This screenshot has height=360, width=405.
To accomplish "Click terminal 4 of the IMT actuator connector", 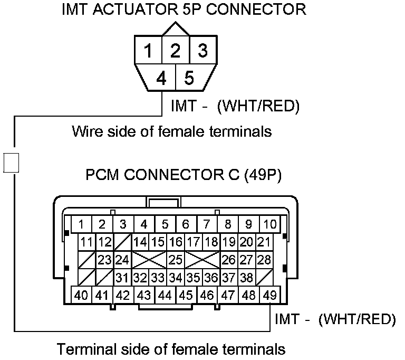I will [161, 79].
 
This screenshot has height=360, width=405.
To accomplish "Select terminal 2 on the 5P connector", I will [176, 51].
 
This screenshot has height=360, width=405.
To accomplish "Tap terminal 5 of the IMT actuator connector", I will [189, 79].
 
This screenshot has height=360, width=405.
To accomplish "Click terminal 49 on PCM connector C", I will [269, 295].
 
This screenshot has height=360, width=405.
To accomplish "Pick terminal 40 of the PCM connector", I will [81, 295].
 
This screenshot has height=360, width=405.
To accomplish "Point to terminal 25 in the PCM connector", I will [176, 260].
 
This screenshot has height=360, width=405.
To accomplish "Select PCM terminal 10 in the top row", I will [269, 224].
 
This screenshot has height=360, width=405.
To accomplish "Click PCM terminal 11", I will [87, 242].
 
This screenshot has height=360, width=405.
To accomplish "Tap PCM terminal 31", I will [122, 278].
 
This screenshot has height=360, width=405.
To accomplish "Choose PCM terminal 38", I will [246, 278].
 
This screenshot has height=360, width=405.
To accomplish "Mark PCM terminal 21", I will [264, 242].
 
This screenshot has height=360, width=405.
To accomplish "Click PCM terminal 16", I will [176, 242].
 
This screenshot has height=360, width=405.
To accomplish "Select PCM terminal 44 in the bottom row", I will [165, 295].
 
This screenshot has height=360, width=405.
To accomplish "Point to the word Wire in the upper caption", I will [85, 131].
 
